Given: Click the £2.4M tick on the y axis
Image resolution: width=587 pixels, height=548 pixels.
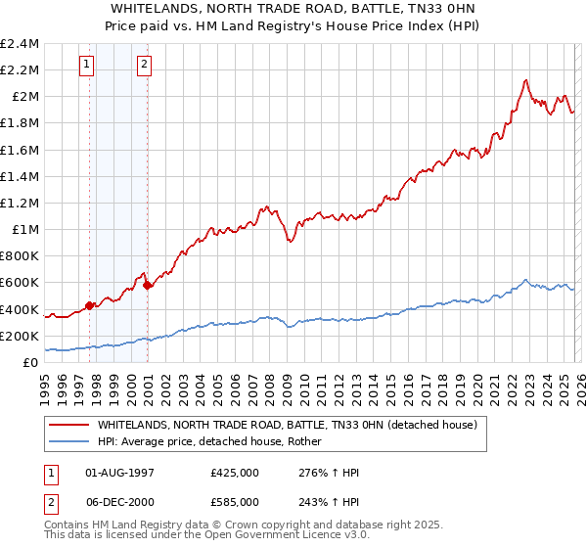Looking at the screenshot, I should point(20,44).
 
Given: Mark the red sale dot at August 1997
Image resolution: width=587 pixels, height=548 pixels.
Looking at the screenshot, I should point(89,305).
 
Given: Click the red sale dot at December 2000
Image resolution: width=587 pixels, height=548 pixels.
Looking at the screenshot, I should point(148,285).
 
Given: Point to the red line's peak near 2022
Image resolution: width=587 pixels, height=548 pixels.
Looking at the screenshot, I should point(526,80).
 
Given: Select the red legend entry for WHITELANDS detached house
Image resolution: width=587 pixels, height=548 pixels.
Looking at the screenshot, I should point(286,425).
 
